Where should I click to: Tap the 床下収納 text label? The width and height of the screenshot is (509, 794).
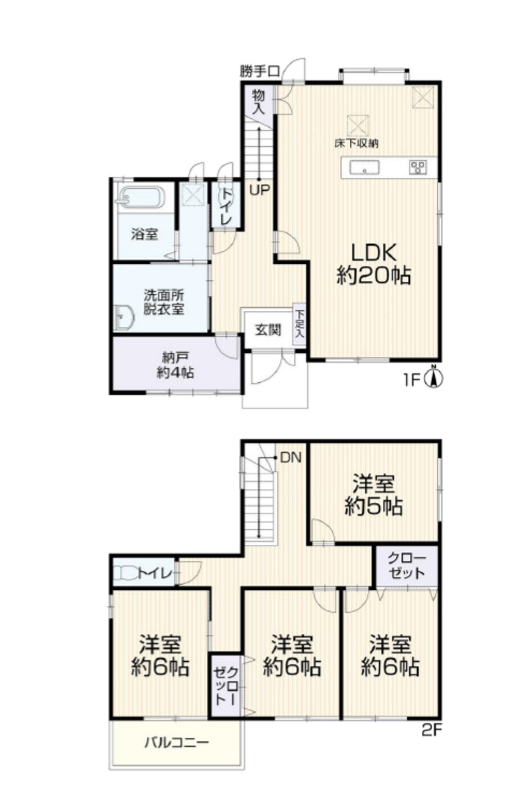(x=357, y=144)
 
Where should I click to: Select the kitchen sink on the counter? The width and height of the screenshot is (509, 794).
(x=365, y=168)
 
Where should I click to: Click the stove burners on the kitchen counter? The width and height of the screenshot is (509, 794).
(x=419, y=167)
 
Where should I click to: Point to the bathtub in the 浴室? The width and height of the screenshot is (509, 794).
(x=143, y=198)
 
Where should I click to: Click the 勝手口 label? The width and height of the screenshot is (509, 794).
(x=260, y=72)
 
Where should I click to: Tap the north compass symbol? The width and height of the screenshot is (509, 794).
(x=434, y=379)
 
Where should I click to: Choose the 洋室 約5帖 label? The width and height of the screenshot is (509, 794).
(x=373, y=495)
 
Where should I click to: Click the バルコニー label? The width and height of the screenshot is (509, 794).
(x=176, y=743)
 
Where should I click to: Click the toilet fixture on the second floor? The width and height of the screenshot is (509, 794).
(x=127, y=573)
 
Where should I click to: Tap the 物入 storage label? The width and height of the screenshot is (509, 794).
(x=258, y=101)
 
